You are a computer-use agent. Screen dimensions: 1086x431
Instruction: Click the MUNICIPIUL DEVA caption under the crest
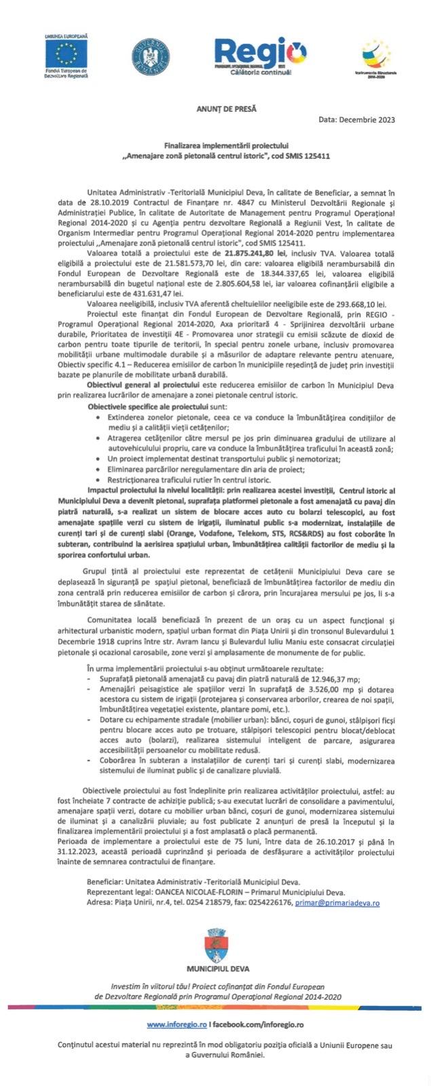coord(215,969)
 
